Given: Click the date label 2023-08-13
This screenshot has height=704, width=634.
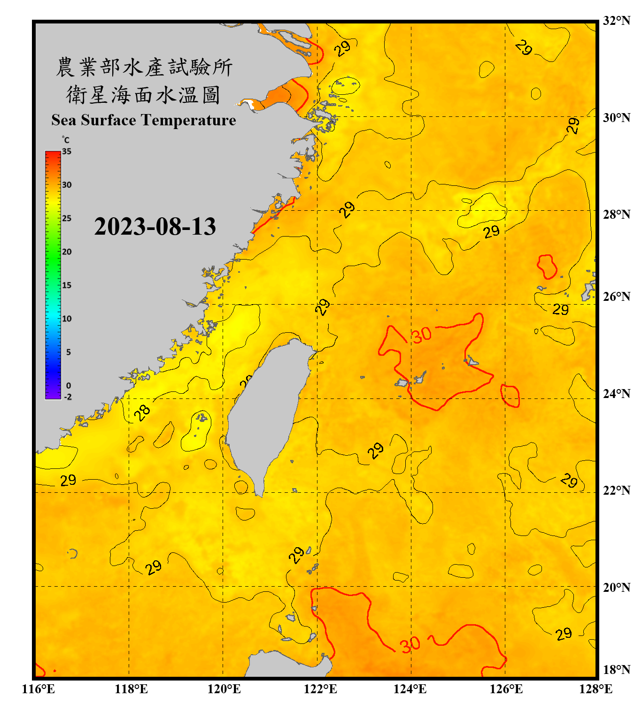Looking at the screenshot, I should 155,227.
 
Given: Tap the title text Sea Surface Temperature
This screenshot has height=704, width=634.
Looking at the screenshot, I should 144,120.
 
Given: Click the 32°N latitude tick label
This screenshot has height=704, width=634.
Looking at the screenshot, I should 616,21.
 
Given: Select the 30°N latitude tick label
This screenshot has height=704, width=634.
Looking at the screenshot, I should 616,117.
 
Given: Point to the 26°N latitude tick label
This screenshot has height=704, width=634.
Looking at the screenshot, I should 616,297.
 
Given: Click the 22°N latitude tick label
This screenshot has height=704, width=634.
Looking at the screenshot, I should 616,490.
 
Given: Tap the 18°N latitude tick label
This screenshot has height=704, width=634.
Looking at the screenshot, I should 616,669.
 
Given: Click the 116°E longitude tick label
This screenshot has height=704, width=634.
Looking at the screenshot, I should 39,689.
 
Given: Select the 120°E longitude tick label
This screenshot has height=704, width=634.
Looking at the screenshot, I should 224,689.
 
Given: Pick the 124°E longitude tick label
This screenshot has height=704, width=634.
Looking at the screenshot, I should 410,689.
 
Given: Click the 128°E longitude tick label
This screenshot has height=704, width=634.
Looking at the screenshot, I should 595,689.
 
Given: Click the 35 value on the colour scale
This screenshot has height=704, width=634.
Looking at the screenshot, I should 67,152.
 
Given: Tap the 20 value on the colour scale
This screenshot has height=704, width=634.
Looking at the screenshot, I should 67,252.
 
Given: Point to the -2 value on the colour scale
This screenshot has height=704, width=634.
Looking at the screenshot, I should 68,397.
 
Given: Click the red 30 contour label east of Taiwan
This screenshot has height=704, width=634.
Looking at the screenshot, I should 421,335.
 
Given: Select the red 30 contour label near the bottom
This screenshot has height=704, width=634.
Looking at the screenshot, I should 410,644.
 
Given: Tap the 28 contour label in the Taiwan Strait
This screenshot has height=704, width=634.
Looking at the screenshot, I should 142,412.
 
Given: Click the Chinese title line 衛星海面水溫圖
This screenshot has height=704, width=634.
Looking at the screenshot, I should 143,95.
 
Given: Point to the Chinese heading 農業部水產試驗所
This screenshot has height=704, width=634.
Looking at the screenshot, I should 144,67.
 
